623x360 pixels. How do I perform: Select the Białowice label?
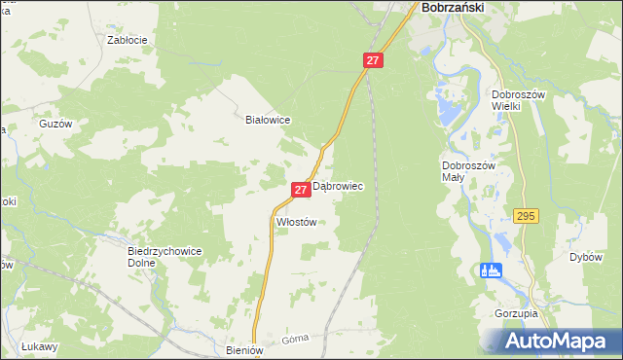tap(268, 120)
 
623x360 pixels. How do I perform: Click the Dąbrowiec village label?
tap(338, 188)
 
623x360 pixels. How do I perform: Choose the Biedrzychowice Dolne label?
tap(165, 256)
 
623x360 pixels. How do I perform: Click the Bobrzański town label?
tap(453, 7)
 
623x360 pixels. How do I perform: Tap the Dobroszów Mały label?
tap(468, 172)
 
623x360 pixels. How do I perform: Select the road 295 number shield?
tap(527, 217)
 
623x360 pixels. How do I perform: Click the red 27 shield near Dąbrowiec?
tap(301, 189)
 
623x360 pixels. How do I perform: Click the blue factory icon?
tap(491, 270)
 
